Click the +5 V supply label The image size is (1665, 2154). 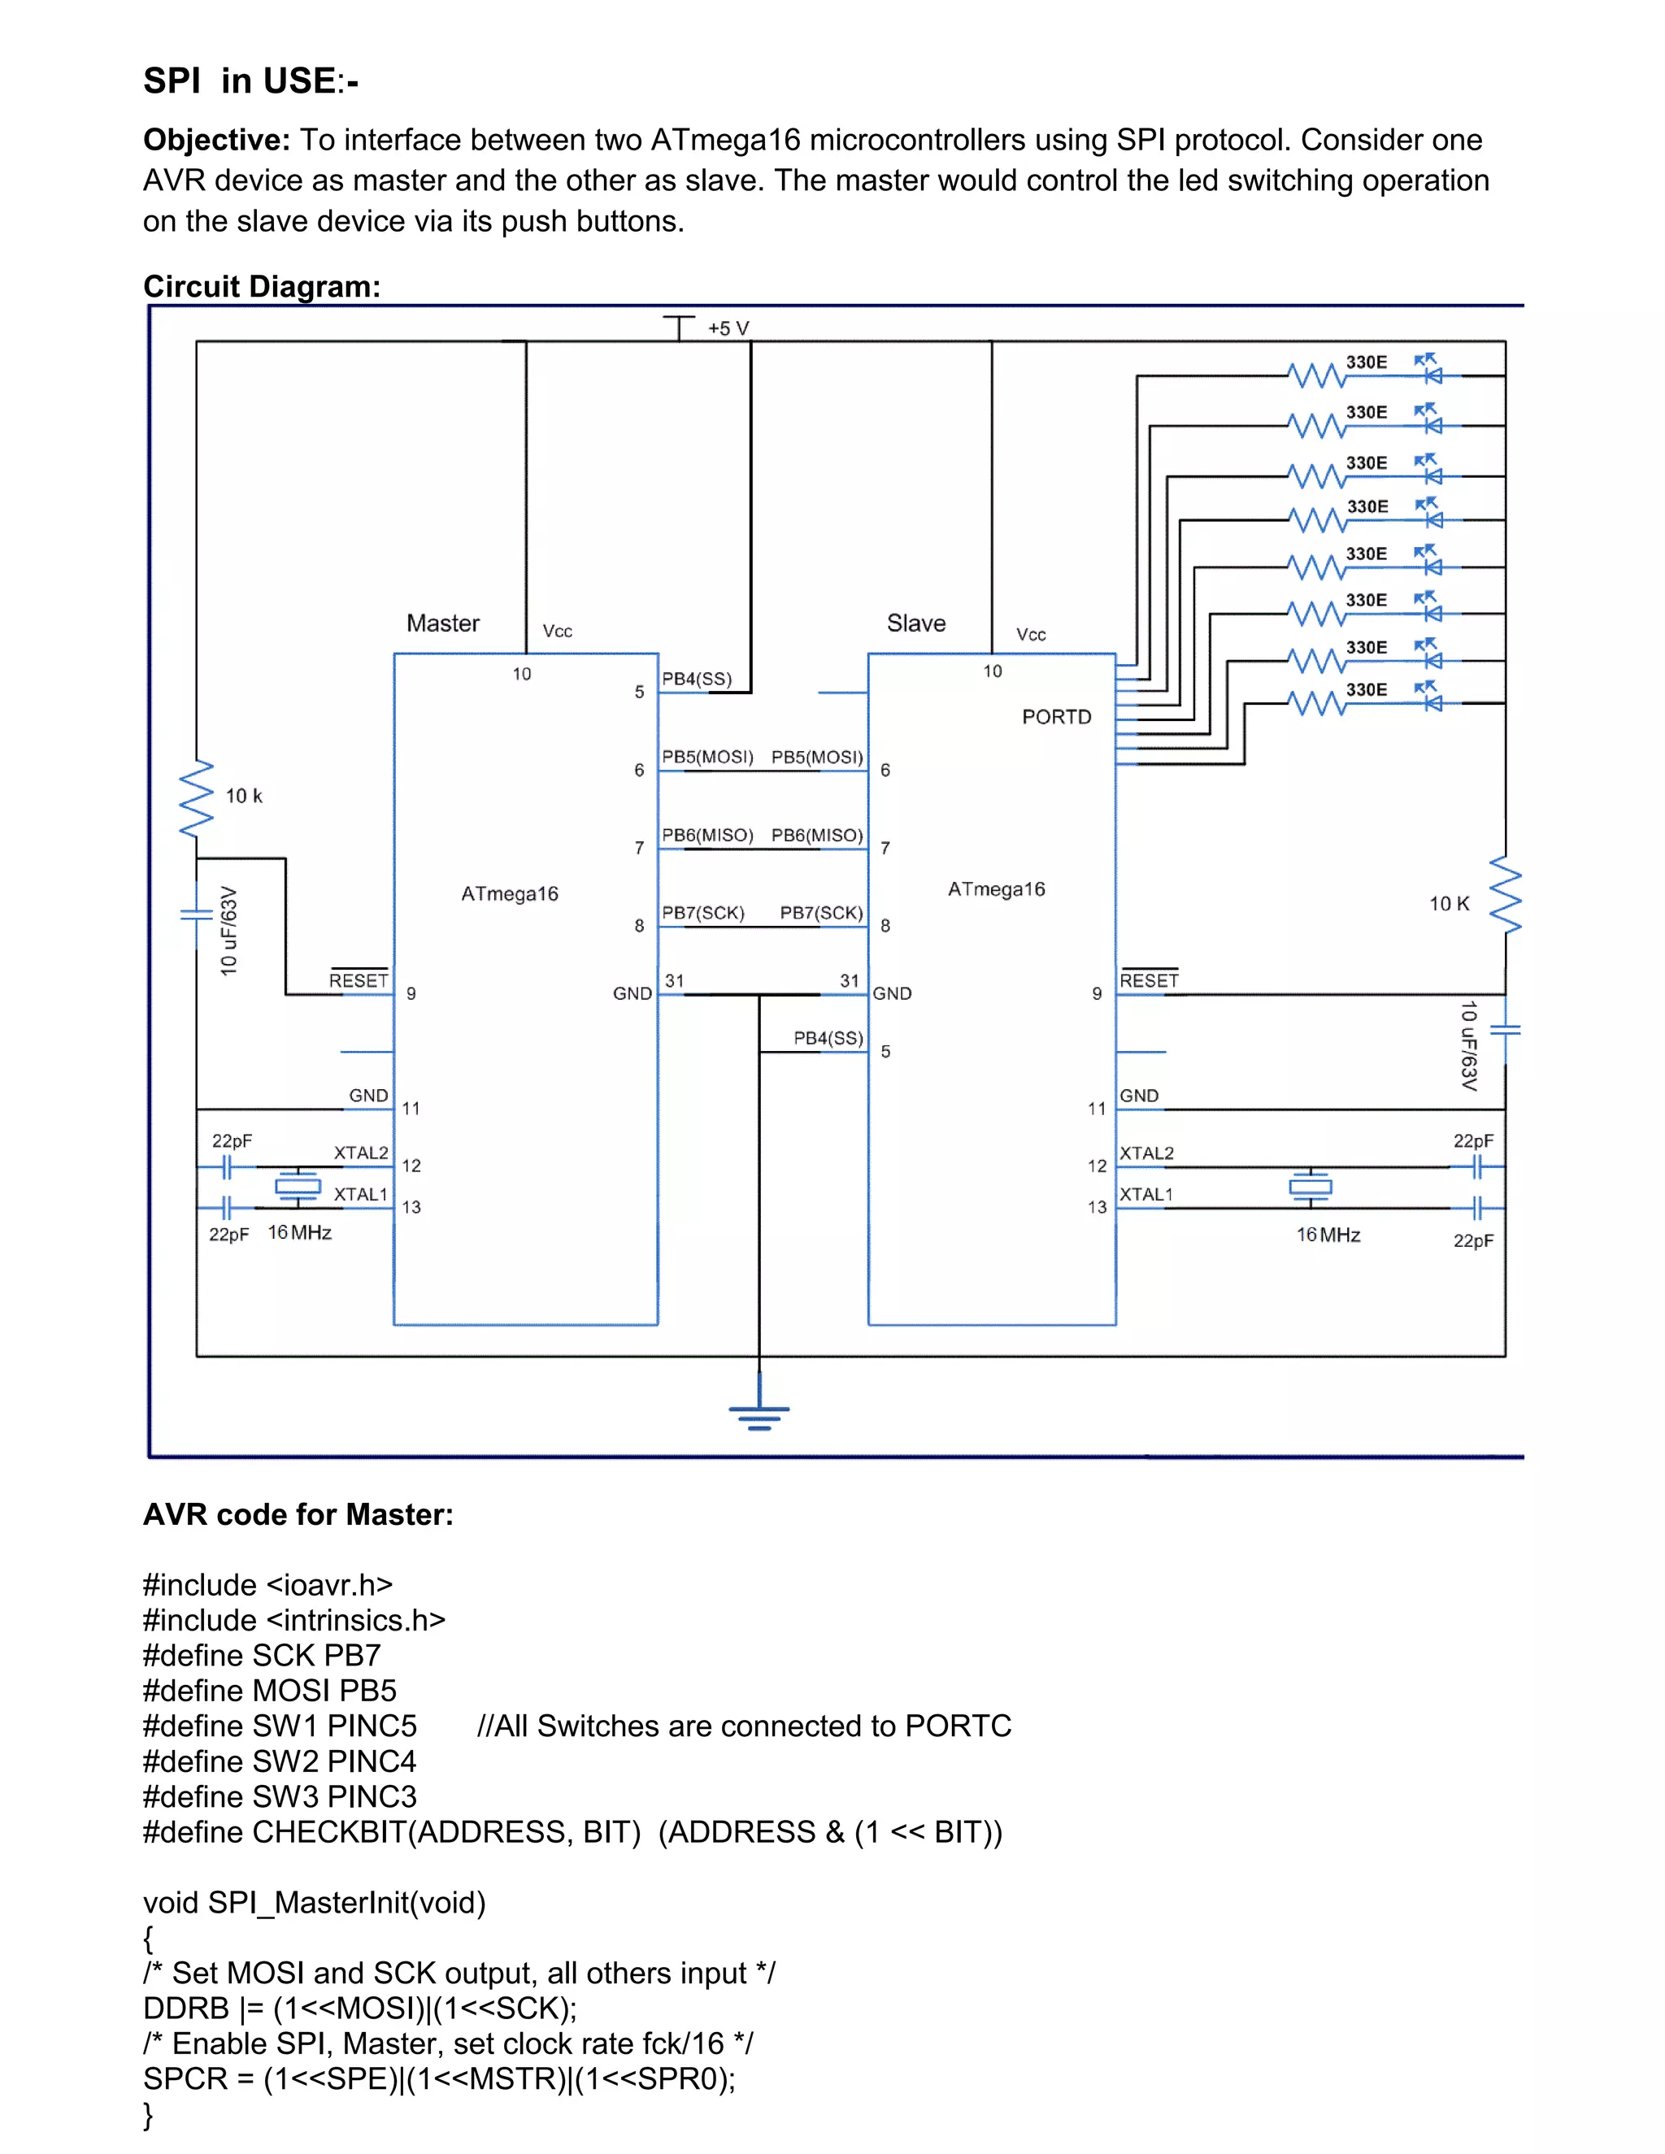click(728, 328)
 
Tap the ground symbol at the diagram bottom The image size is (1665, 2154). click(759, 1415)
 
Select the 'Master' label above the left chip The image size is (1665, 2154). click(443, 623)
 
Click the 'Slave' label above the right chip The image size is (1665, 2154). click(915, 623)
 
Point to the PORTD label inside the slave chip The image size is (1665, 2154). click(1056, 717)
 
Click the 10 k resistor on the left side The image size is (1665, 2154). click(196, 797)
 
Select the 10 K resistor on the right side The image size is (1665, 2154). click(1505, 896)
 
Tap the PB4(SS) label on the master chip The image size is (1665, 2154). click(697, 679)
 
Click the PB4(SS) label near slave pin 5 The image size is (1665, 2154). click(828, 1037)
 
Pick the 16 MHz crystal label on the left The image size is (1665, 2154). click(299, 1233)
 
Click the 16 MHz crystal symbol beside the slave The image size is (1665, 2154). click(1310, 1188)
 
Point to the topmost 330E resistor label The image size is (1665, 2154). click(1366, 362)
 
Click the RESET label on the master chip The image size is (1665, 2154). click(358, 980)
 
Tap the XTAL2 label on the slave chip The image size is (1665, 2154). click(1146, 1153)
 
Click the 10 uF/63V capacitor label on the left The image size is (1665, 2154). click(228, 931)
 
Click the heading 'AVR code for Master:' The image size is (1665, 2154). click(298, 1514)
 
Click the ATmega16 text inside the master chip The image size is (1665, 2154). click(509, 893)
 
